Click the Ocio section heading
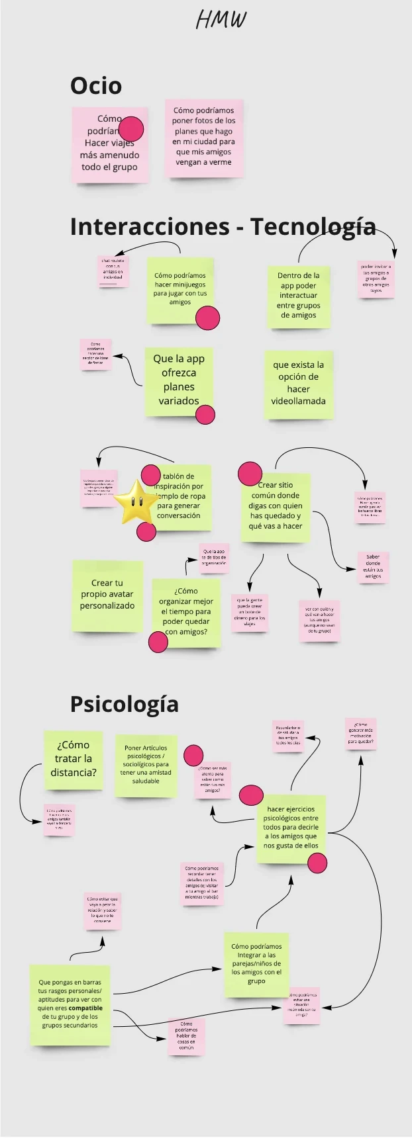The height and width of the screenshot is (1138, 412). tap(96, 85)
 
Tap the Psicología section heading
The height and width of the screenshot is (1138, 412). tap(124, 704)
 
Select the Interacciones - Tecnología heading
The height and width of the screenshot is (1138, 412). tap(223, 226)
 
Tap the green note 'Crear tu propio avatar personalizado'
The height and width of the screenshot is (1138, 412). tap(107, 595)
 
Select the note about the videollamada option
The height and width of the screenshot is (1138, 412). tap(298, 384)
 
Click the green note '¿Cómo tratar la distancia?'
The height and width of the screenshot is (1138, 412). tap(74, 760)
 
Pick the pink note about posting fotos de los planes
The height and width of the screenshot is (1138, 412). tap(204, 137)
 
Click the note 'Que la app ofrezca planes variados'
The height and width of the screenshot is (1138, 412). tap(178, 380)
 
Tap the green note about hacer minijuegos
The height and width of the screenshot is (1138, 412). tap(180, 289)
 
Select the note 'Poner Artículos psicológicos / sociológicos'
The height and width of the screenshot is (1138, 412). tap(146, 765)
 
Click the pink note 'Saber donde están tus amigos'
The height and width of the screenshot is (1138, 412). tap(373, 567)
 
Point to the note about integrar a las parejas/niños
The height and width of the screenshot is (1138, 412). tap(256, 964)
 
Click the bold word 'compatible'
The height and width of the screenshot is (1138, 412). tap(85, 1008)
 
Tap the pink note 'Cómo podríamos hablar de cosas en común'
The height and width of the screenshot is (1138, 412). tap(186, 1035)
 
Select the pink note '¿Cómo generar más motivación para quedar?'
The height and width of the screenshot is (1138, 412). tap(360, 734)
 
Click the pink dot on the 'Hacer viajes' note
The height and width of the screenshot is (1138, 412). tap(131, 129)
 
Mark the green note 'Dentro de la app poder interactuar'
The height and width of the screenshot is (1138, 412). tap(299, 296)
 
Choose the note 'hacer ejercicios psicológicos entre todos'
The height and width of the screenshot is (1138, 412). tap(291, 828)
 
